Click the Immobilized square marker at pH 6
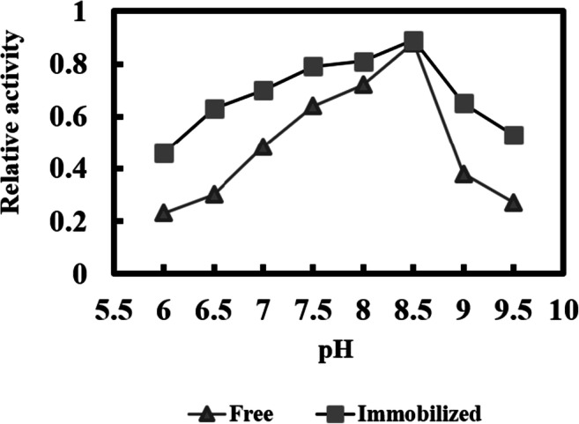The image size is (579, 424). (163, 153)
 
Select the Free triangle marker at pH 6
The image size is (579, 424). (163, 213)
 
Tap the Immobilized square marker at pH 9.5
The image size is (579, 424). (514, 135)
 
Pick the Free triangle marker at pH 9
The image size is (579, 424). (464, 174)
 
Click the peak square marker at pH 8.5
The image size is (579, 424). (413, 41)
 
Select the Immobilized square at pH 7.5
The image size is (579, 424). (313, 67)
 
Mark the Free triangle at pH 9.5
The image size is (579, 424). (514, 203)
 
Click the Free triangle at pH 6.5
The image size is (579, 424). (213, 195)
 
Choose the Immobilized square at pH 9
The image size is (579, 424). (464, 104)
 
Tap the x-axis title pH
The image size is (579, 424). (338, 353)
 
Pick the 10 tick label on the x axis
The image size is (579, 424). (563, 311)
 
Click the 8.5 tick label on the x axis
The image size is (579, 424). (413, 311)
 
